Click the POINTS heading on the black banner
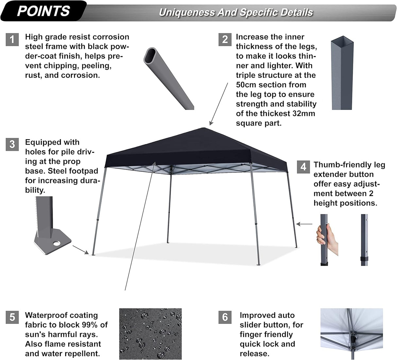point(43,11)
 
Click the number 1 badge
point(12,40)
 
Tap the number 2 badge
point(225,40)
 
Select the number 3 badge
point(12,144)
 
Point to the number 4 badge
point(303,167)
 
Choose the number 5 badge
point(12,317)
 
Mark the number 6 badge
point(225,317)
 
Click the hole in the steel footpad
point(58,243)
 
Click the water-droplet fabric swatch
point(150,334)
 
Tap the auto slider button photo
point(351,334)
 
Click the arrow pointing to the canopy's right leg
point(304,224)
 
